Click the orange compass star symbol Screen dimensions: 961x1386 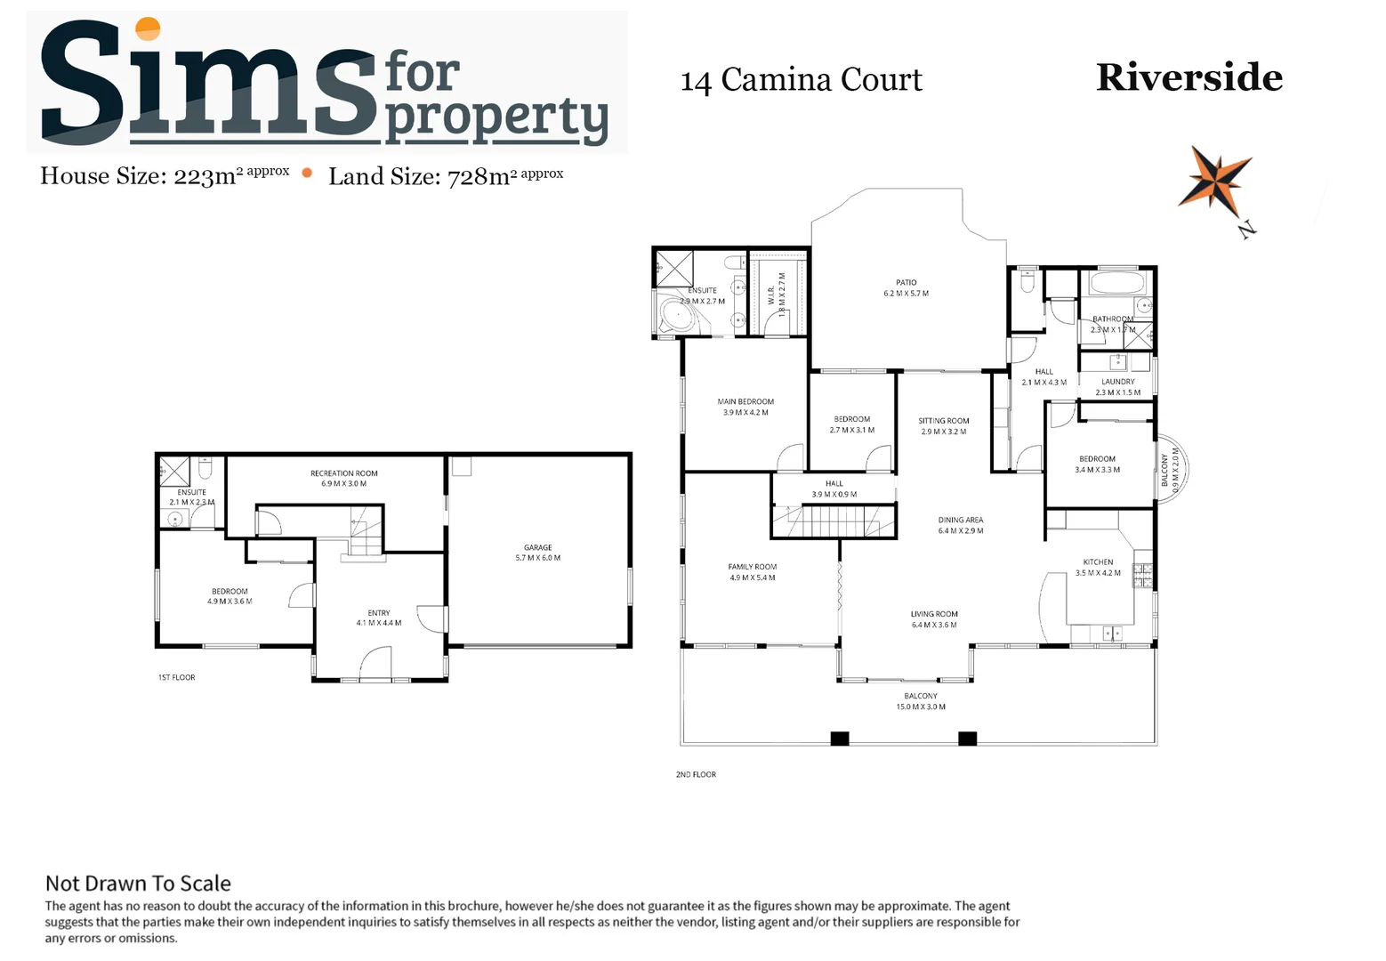point(1214,178)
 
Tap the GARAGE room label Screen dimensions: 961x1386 point(537,548)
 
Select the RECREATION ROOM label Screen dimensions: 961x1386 point(343,473)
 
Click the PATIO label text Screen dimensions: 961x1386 point(906,283)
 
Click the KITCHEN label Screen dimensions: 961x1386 point(1098,562)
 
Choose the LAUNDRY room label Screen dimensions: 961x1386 point(1117,382)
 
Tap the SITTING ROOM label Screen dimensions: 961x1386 point(943,421)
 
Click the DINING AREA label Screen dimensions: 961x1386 point(960,521)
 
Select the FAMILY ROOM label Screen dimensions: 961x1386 point(752,567)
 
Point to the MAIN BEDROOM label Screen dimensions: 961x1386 point(745,402)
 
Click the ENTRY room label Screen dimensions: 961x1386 point(379,613)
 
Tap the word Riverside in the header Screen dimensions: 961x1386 point(1189,77)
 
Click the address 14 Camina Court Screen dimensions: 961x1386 point(801,80)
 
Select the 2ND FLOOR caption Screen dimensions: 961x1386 point(696,775)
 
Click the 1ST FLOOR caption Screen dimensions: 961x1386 point(176,678)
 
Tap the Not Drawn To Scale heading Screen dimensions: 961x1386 point(138,884)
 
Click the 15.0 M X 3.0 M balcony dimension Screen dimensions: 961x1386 point(920,707)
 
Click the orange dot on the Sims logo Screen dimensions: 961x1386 point(147,28)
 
